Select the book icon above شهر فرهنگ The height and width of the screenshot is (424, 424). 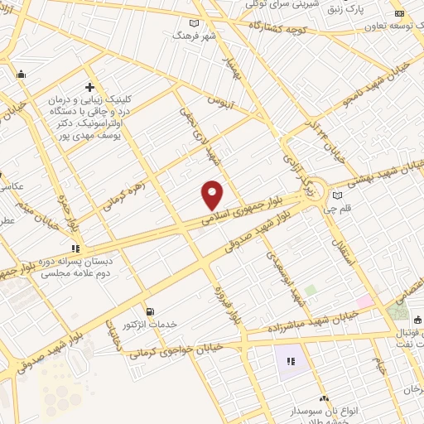point(195,23)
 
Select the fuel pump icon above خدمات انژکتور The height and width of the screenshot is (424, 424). point(149,311)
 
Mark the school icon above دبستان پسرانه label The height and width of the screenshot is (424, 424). point(76,247)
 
